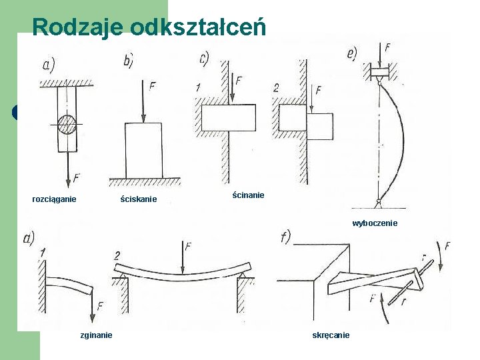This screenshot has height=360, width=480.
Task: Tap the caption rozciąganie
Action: pos(55,199)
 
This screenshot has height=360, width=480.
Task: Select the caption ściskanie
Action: pos(139,199)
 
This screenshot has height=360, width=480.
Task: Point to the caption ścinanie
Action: pos(249,195)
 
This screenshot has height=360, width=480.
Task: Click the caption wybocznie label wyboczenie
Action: pos(375,223)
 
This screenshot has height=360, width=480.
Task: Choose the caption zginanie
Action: pos(96,335)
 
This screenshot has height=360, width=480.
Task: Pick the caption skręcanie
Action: pos(331,335)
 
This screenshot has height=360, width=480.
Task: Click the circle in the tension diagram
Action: pos(68,125)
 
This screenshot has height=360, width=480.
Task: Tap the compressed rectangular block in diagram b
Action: pos(143,150)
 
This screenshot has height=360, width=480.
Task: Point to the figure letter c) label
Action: pos(205,59)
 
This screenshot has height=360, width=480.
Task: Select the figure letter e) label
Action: pos(352,53)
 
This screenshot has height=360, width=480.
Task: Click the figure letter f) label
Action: pos(286,237)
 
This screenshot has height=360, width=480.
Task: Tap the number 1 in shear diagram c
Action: pos(198,87)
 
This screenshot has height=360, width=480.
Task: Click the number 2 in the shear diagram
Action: pos(276,88)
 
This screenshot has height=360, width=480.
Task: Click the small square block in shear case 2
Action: pos(319,126)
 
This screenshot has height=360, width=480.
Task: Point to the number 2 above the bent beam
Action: pos(117,256)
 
